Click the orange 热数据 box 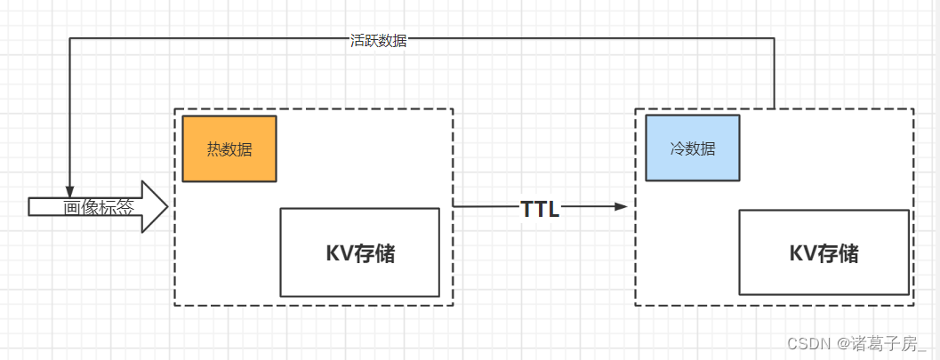coord(229,148)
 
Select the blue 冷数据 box coord(692,148)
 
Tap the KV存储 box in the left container coord(359,252)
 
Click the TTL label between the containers coord(540,209)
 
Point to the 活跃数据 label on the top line coord(378,41)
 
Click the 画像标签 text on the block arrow coord(99,208)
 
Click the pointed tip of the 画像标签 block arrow coord(166,207)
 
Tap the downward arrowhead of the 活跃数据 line coord(70,191)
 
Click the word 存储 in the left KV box coord(377,253)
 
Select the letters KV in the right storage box coord(802,253)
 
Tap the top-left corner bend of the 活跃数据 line coord(70,39)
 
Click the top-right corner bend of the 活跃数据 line coord(774,39)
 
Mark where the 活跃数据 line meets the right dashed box coord(774,108)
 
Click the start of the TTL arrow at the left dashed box coord(454,207)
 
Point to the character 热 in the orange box coord(215,149)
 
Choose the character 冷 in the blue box coord(678,149)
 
